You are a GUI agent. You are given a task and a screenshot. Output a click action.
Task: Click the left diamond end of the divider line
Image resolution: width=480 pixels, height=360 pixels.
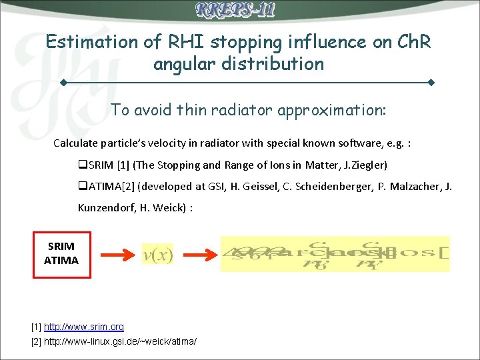pyautogui.click(x=62, y=83)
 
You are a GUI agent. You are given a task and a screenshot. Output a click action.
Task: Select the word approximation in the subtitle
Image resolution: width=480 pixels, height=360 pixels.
pyautogui.click(x=321, y=110)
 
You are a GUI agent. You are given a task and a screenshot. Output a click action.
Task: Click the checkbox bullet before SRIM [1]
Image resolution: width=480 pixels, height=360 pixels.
pyautogui.click(x=83, y=165)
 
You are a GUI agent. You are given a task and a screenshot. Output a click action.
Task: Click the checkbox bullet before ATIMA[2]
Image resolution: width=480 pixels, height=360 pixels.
pyautogui.click(x=83, y=186)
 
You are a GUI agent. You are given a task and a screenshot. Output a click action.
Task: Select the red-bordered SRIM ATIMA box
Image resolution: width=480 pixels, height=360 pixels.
pyautogui.click(x=61, y=253)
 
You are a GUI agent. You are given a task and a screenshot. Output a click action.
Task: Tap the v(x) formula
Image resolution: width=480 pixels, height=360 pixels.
pyautogui.click(x=158, y=254)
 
